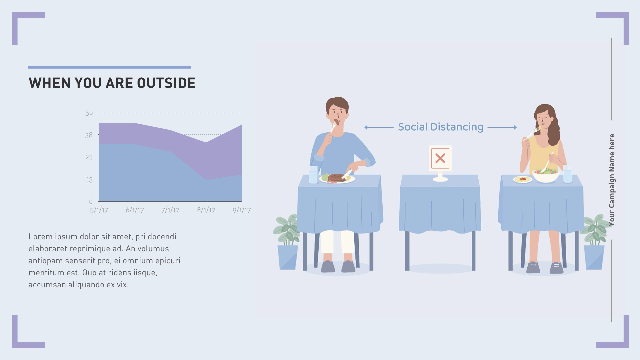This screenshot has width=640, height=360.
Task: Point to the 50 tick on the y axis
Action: point(89,113)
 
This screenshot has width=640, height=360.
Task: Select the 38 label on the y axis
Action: point(89,135)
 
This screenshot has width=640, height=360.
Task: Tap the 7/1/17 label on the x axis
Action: point(170,210)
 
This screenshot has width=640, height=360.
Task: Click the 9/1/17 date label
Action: point(242,210)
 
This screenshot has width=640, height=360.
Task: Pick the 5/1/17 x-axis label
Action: point(99,210)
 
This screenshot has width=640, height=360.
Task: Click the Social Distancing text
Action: point(440,127)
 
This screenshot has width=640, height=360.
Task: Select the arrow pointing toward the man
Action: point(379,127)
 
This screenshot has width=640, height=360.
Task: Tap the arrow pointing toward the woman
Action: point(502,127)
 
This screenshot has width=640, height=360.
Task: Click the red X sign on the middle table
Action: point(440,158)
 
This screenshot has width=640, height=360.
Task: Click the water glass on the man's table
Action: point(313,175)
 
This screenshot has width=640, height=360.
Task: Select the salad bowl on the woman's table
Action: point(546,175)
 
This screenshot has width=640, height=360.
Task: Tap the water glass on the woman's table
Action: point(567,174)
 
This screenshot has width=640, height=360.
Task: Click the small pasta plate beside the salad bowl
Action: point(522,179)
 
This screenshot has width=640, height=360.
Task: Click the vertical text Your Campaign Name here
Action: point(612,180)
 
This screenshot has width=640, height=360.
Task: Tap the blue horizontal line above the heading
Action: point(109,67)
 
